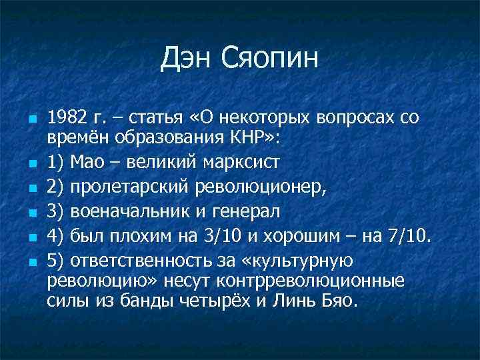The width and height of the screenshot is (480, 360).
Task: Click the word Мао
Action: (91, 161)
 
